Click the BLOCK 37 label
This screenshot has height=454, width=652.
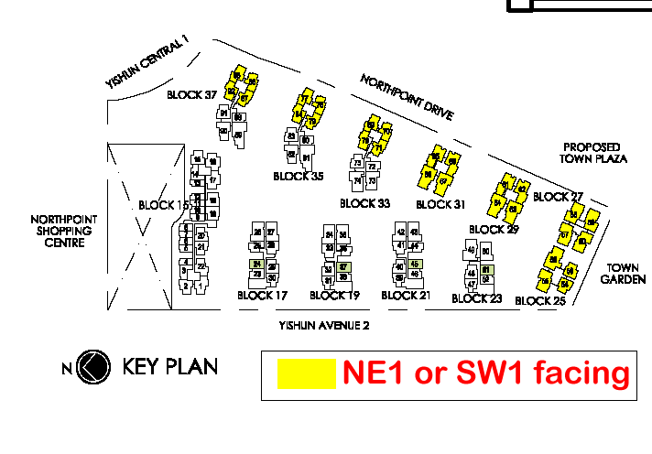tap(191, 94)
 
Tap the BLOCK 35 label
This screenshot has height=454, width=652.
tap(299, 176)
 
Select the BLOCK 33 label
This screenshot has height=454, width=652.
tap(364, 203)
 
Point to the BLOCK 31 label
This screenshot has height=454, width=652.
tap(440, 204)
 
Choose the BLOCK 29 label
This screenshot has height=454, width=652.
tap(494, 230)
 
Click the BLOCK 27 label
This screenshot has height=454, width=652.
tap(558, 197)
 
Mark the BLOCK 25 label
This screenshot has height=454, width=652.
tap(540, 300)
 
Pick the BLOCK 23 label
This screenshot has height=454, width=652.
tap(477, 298)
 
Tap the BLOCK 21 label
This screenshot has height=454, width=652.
tap(405, 295)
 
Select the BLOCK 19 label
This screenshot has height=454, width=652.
tap(334, 295)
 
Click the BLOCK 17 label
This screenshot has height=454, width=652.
tap(263, 295)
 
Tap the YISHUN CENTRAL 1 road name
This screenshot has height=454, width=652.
tap(147, 62)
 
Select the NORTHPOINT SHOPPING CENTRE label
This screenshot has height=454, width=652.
tap(63, 232)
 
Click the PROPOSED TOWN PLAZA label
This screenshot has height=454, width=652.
tap(593, 153)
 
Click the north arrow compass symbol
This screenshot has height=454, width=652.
tap(92, 368)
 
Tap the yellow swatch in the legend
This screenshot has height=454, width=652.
tap(306, 374)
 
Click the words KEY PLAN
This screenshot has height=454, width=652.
tap(170, 368)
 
